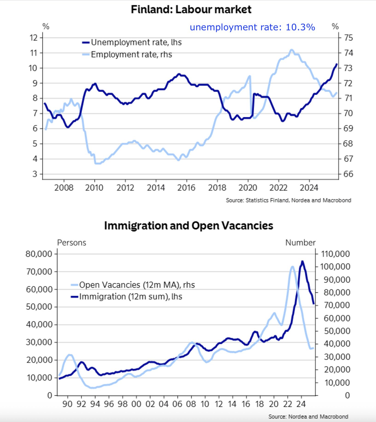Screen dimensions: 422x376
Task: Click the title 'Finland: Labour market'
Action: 191,9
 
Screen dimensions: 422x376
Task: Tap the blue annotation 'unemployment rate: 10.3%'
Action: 252,27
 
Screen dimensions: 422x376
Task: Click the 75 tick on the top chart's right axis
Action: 348,38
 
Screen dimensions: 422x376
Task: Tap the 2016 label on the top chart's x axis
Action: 186,187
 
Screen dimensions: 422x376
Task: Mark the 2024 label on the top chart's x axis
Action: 309,187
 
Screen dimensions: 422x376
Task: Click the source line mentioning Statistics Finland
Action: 288,200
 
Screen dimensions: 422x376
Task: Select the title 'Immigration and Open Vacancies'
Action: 188,225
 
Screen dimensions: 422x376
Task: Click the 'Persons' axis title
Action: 71,243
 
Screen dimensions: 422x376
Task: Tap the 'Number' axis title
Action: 300,243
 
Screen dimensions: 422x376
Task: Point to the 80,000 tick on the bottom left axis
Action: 39,254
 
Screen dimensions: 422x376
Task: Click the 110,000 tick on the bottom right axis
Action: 335,254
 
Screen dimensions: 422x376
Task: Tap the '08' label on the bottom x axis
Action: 191,404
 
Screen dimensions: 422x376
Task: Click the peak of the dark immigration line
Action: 302,261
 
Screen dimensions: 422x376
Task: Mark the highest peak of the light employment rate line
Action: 291,50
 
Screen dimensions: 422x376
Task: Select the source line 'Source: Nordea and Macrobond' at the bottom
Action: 308,416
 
